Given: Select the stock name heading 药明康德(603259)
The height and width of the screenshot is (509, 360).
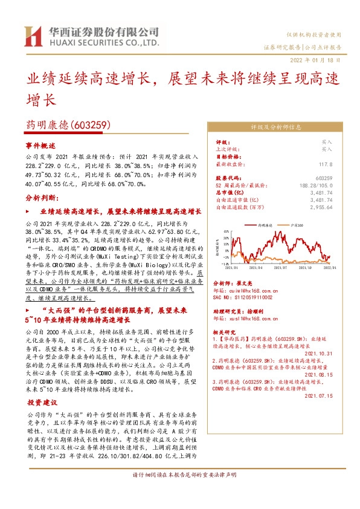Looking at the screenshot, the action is click(x=67, y=125).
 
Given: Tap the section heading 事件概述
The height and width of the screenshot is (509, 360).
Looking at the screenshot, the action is click(x=40, y=146).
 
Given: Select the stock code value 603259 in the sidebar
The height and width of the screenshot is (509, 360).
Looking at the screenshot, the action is click(x=341, y=178).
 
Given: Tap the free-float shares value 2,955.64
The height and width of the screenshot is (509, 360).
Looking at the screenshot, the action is click(x=337, y=207).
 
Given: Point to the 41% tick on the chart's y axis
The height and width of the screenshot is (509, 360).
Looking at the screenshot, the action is click(x=225, y=231).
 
